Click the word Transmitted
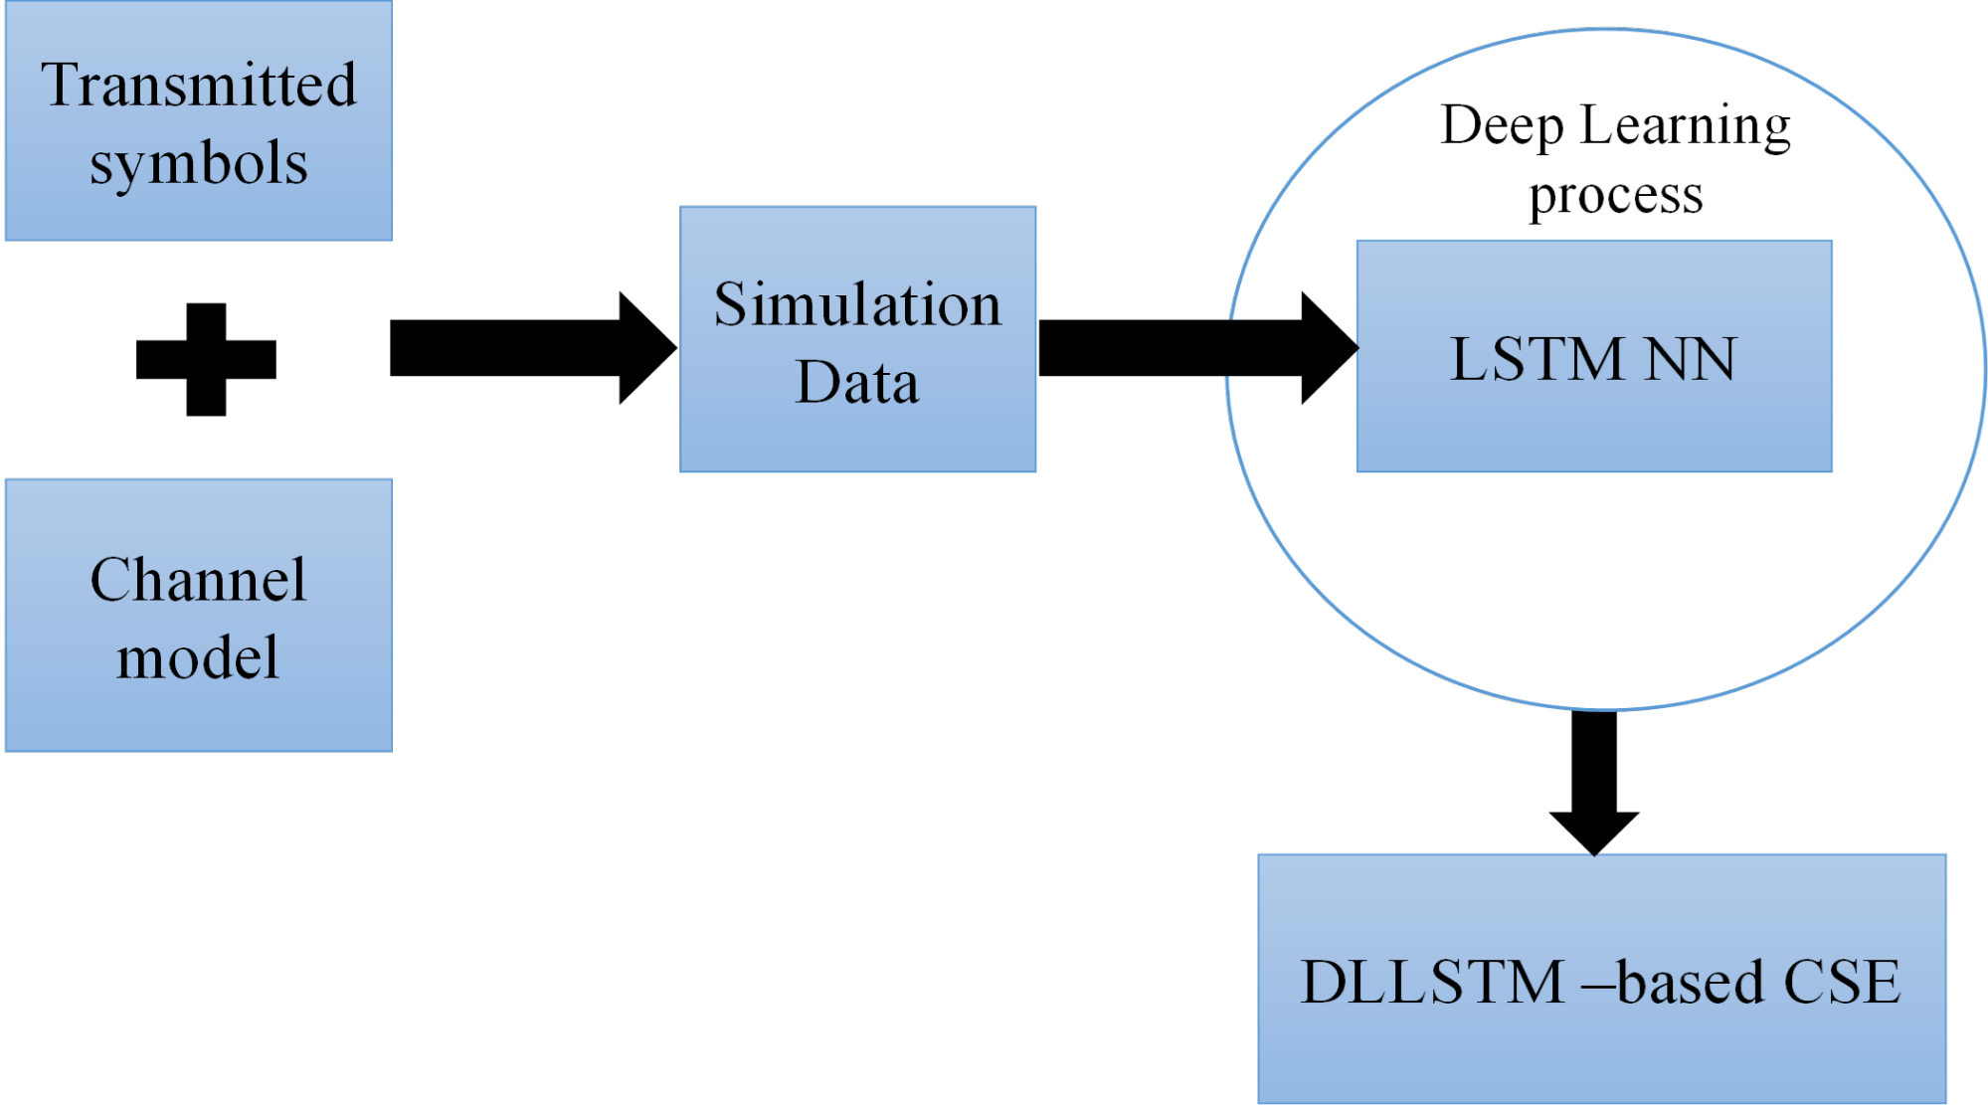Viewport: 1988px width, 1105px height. point(199,85)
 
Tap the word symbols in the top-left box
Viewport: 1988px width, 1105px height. point(199,163)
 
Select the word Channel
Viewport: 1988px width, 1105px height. point(198,580)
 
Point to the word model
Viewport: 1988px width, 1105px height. point(198,658)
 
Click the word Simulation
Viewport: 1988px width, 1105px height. point(857,304)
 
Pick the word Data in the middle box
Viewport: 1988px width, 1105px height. point(857,383)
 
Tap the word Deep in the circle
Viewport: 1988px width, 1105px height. point(1502,127)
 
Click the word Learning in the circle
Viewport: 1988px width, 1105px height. point(1685,127)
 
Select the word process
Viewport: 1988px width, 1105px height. point(1615,196)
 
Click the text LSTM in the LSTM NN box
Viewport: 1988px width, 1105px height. point(1536,359)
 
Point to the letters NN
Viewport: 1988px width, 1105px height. point(1690,359)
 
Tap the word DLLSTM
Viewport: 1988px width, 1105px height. point(1433,983)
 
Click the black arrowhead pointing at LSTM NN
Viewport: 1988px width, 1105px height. point(1328,348)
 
